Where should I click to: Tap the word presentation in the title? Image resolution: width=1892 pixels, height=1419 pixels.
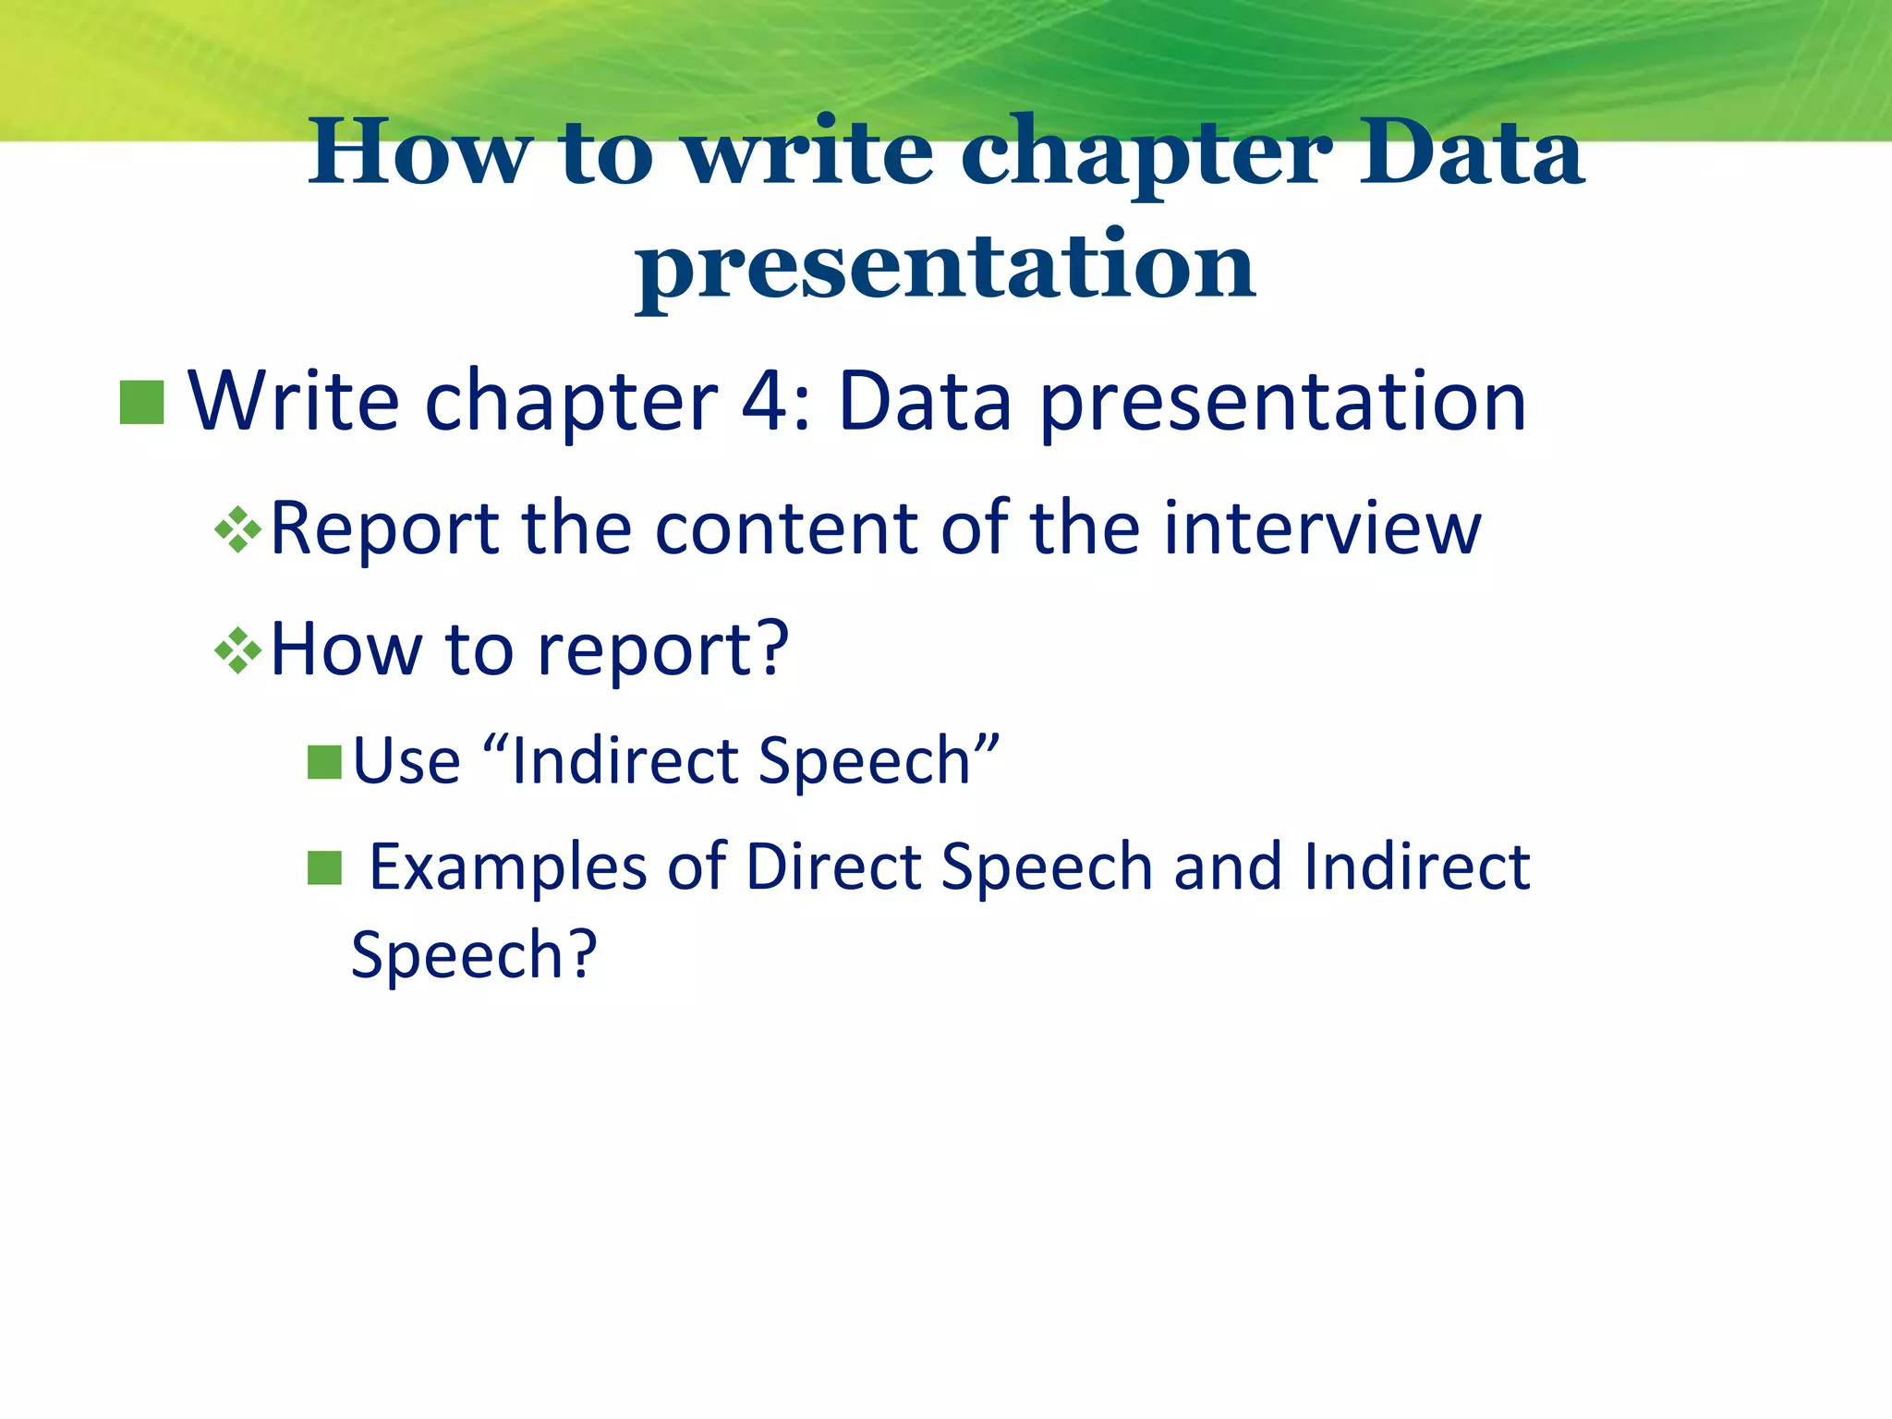(x=945, y=268)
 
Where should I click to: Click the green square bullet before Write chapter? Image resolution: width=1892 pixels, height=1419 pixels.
(x=142, y=403)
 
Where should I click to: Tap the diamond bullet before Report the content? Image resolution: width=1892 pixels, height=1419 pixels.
(x=238, y=530)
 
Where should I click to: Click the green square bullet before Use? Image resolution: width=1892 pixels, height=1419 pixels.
(x=324, y=763)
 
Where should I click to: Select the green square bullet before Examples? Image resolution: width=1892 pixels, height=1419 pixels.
(x=324, y=868)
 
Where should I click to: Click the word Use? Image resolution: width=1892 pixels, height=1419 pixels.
(x=406, y=761)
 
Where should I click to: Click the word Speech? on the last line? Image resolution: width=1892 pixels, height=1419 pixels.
(x=474, y=955)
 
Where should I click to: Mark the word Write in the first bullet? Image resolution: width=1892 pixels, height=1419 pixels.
(x=295, y=402)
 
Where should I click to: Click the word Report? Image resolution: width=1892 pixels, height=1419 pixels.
(x=384, y=530)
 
